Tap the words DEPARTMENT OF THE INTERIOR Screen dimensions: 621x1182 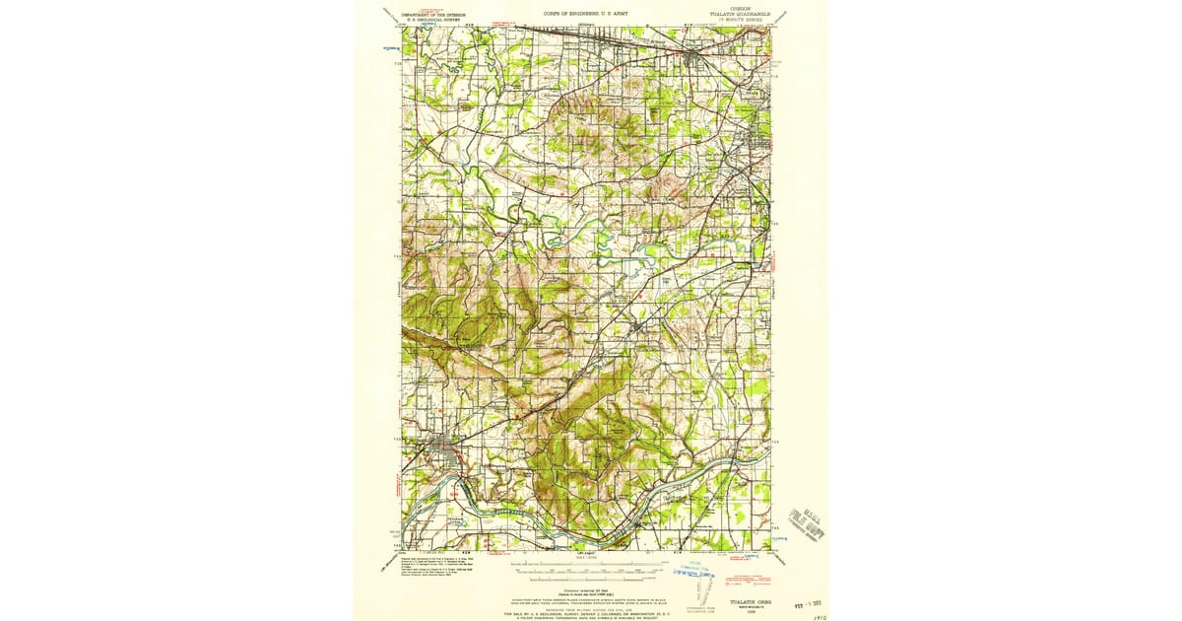coord(437,15)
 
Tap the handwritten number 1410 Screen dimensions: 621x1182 coord(813,614)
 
